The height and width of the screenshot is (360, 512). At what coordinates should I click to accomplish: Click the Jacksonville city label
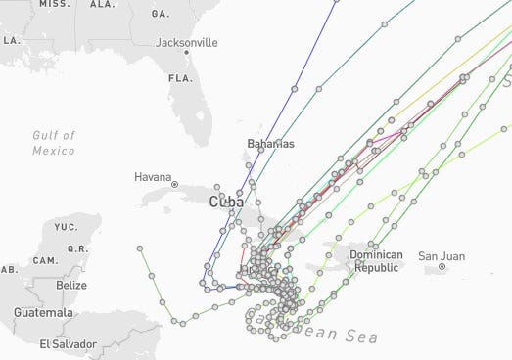coord(187,42)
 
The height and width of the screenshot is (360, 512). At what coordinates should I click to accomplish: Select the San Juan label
coord(442,256)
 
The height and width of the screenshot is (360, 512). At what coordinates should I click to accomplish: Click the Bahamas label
coord(270,144)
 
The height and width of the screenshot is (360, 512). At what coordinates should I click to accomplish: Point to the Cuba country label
coord(226,202)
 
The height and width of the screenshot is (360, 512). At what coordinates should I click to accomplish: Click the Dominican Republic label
coord(377,261)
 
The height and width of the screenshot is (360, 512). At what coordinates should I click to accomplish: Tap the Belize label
coord(70,285)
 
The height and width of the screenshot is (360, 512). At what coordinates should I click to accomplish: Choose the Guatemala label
coord(43,312)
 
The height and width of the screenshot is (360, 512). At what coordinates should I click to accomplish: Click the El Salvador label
coord(68,343)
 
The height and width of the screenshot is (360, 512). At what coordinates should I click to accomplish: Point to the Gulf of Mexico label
coord(54,143)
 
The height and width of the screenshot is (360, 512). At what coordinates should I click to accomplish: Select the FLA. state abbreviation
coord(179,77)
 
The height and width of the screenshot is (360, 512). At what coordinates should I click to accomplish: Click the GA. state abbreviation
coord(161,15)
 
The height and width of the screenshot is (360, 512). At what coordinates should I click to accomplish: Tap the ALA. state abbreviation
coord(102,4)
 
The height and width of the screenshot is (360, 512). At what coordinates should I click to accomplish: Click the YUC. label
coord(66,227)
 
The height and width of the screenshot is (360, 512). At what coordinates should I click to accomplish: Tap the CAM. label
coord(44,260)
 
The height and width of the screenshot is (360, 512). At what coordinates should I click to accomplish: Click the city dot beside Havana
coord(174,184)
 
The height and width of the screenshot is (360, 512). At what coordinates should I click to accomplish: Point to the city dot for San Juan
coord(442,266)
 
